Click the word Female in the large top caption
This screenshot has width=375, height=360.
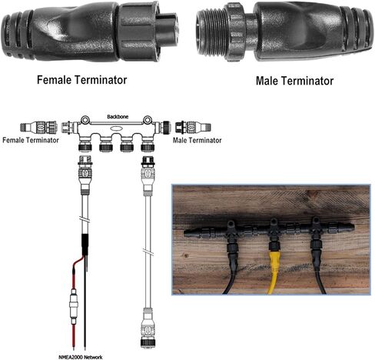(54, 80)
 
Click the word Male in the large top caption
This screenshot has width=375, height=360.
(268, 81)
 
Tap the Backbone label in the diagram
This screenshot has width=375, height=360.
(118, 117)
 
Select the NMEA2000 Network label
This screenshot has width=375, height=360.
(81, 357)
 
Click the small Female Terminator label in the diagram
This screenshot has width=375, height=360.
(31, 140)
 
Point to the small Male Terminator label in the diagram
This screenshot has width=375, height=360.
(197, 140)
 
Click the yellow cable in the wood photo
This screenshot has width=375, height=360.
(274, 272)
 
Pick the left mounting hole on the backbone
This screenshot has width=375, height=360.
(85, 119)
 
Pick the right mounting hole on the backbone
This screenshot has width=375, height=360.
(148, 119)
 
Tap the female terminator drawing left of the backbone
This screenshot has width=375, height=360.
(38, 127)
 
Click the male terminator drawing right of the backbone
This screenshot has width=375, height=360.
(193, 127)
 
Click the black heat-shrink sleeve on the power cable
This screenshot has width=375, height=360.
(85, 245)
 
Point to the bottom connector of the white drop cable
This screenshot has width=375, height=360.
(148, 328)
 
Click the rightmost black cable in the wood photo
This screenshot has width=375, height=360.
(317, 269)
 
